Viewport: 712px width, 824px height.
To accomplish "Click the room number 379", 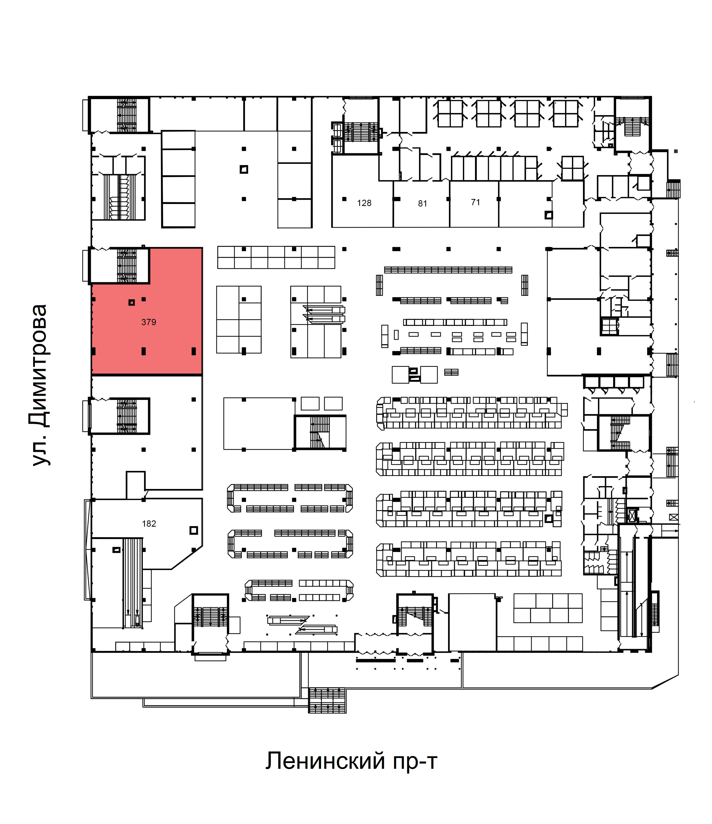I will click(x=148, y=322).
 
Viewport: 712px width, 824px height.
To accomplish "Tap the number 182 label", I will click(x=149, y=524).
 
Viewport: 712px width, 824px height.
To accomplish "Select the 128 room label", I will click(x=364, y=203).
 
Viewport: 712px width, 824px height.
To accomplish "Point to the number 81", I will click(x=422, y=203).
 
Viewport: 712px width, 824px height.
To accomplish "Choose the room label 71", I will click(x=475, y=202).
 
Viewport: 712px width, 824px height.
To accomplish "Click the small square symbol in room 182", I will click(x=194, y=530).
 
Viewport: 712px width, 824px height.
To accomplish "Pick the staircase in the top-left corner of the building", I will click(x=127, y=115).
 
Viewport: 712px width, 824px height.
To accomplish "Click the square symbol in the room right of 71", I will click(x=549, y=215).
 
